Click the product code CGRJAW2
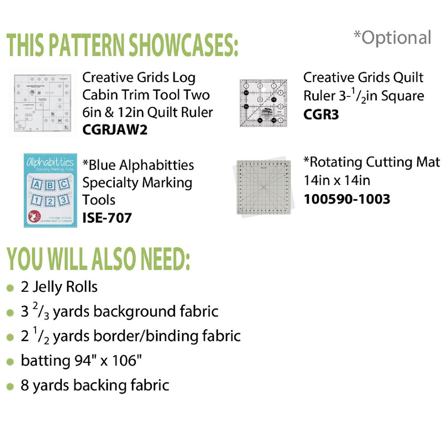tap(114, 130)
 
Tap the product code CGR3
tap(321, 114)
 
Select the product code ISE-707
tap(107, 218)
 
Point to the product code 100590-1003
tap(347, 198)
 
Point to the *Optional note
tap(392, 38)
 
